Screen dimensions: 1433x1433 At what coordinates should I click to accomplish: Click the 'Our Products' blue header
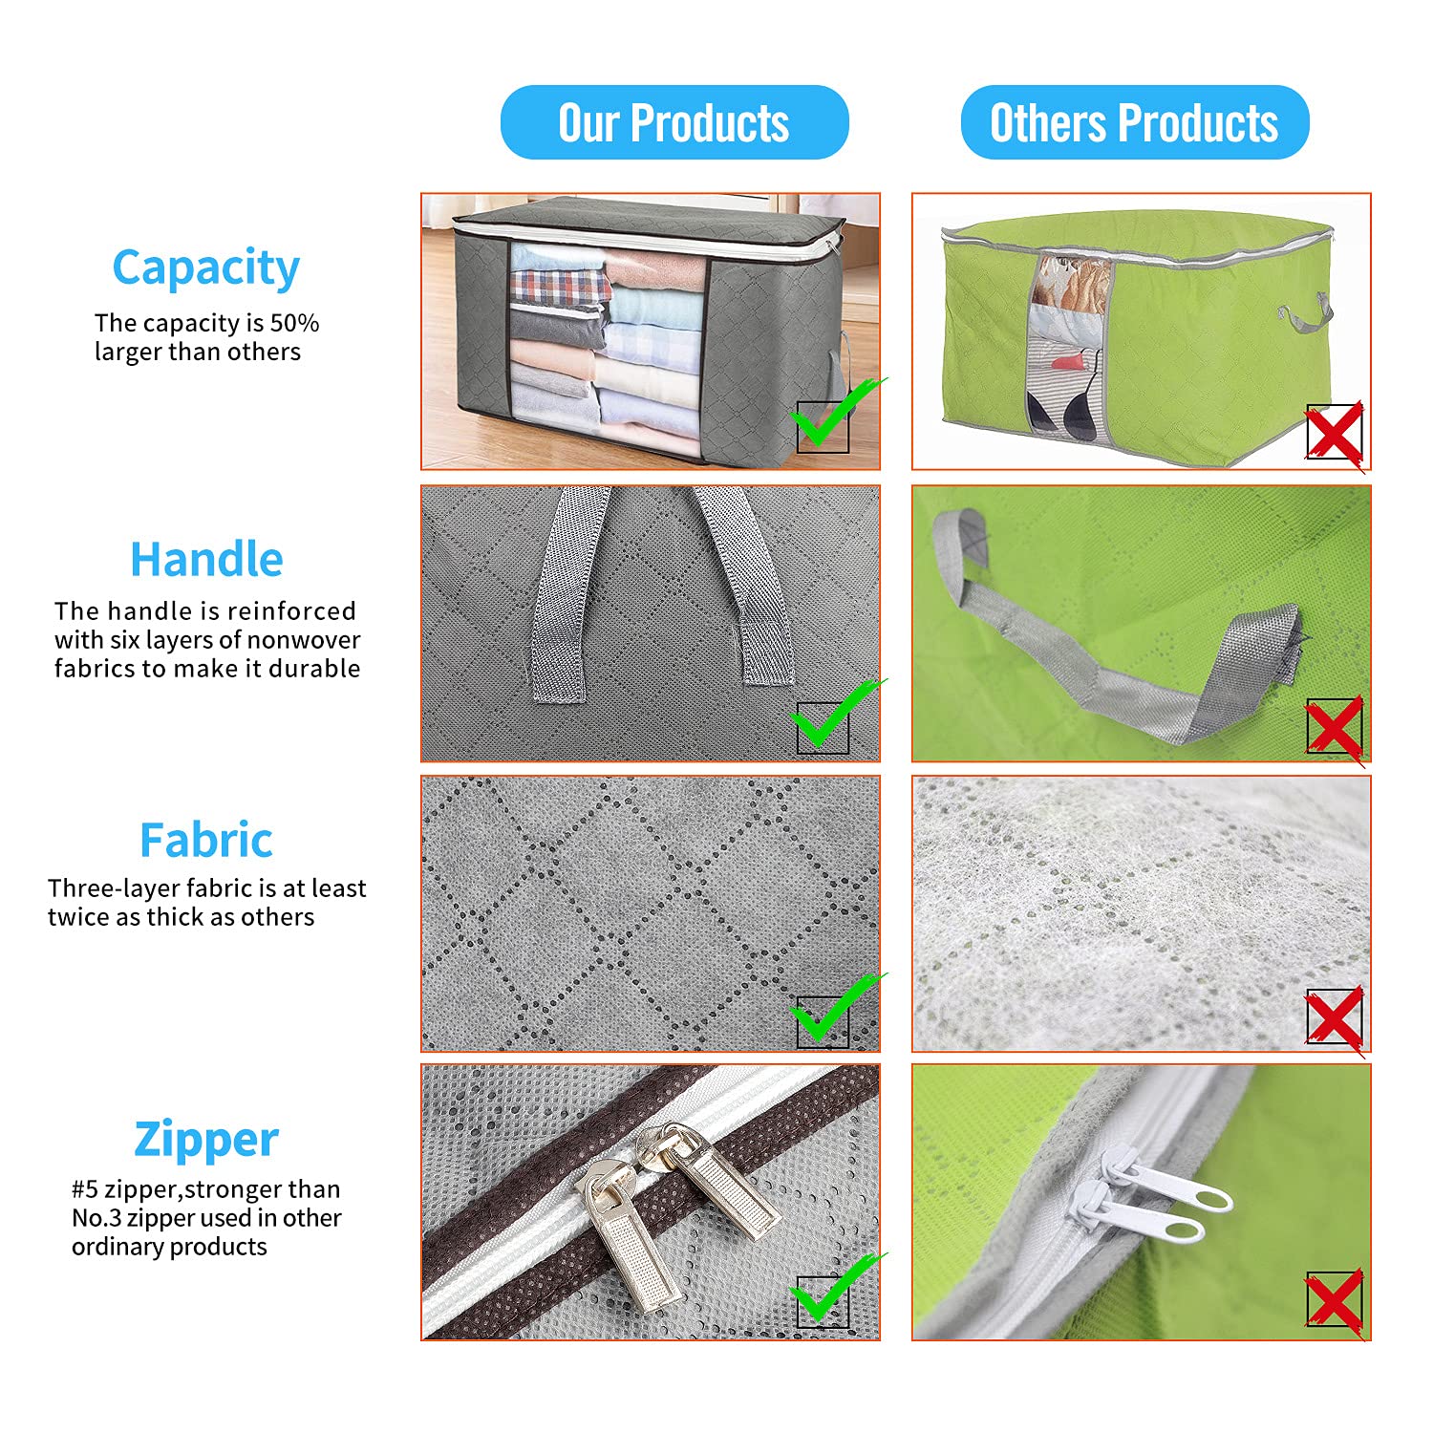tap(674, 122)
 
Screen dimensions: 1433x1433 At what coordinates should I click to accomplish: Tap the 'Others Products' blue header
tap(1134, 122)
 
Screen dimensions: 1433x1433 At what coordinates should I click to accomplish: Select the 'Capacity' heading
tap(206, 267)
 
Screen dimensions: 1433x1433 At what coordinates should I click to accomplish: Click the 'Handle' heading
tap(206, 559)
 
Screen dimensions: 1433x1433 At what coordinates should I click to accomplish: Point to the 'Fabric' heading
tap(206, 841)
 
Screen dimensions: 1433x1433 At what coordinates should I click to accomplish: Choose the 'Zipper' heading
tap(206, 1140)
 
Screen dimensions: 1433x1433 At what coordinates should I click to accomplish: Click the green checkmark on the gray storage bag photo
tap(833, 417)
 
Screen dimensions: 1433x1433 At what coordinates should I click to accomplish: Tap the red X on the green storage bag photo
tap(1336, 435)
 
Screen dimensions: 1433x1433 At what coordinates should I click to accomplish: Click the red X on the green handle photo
tap(1336, 730)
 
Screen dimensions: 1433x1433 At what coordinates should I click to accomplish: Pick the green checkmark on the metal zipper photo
tap(833, 1290)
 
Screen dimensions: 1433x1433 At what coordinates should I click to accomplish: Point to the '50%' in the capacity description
tap(295, 323)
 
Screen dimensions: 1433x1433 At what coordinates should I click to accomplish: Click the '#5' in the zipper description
tap(85, 1189)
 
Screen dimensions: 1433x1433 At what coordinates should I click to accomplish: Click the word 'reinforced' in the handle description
tap(291, 610)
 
